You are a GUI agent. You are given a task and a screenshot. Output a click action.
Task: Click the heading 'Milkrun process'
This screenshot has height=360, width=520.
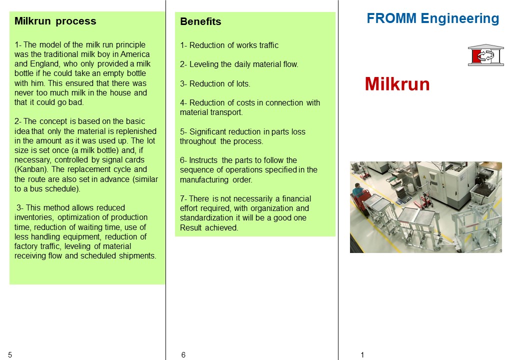(x=55, y=21)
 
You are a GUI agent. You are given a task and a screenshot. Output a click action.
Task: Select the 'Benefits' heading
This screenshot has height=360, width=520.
(x=200, y=22)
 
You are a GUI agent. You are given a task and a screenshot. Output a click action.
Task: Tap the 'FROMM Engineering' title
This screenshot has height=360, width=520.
(x=432, y=19)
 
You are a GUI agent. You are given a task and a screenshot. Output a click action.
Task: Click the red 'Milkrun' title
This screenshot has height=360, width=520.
(x=397, y=84)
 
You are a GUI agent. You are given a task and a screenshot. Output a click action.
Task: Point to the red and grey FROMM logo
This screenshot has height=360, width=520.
(x=485, y=55)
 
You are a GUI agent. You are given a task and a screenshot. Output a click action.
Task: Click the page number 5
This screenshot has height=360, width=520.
(x=10, y=355)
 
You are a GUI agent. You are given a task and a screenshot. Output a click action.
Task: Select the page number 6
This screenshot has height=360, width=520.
(x=183, y=355)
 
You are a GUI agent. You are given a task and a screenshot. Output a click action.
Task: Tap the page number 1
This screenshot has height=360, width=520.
(x=362, y=355)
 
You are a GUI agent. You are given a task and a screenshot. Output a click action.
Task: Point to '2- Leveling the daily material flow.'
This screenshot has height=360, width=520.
(x=239, y=64)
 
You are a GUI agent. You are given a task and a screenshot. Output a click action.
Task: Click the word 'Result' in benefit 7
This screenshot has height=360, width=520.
(x=191, y=228)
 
